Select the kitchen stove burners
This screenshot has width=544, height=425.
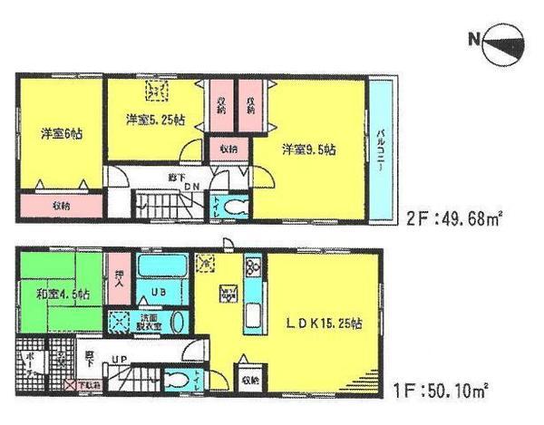pos(252,267)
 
